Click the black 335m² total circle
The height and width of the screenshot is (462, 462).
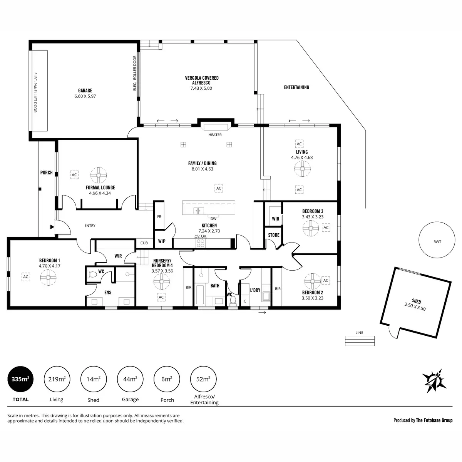pyautogui.click(x=20, y=379)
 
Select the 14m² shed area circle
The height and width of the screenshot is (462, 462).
pyautogui.click(x=93, y=379)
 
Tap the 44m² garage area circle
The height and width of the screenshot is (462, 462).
pyautogui.click(x=130, y=379)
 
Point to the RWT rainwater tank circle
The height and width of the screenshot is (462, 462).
pyautogui.click(x=437, y=242)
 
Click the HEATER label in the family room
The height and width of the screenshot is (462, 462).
pyautogui.click(x=215, y=135)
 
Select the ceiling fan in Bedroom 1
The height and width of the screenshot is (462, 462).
pyautogui.click(x=49, y=277)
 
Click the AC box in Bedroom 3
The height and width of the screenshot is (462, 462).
pyautogui.click(x=326, y=228)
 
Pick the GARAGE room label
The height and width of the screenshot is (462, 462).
pyautogui.click(x=85, y=91)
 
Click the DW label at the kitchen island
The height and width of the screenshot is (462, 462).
pyautogui.click(x=213, y=218)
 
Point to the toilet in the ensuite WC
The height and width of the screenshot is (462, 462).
pyautogui.click(x=92, y=275)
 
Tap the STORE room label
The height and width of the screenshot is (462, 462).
pyautogui.click(x=274, y=235)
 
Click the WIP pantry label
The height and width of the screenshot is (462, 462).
pyautogui.click(x=162, y=241)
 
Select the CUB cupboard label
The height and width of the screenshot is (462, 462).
pyautogui.click(x=144, y=243)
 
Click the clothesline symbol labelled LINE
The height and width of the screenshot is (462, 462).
pyautogui.click(x=360, y=340)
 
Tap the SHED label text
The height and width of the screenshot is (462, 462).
pyautogui.click(x=416, y=301)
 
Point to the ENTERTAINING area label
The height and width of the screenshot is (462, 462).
pyautogui.click(x=296, y=87)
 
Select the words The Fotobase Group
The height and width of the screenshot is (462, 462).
pyautogui.click(x=434, y=420)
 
